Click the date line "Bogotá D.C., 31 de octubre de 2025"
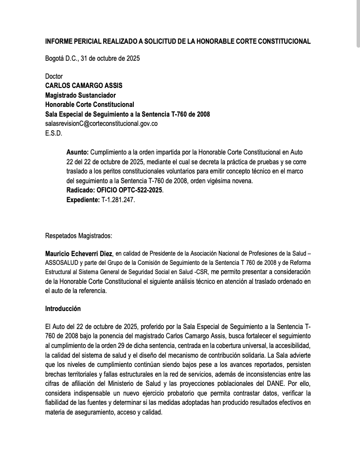[92, 59]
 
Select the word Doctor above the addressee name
[54, 76]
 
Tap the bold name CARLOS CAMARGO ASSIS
[84, 86]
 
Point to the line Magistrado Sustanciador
[80, 95]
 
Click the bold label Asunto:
[77, 152]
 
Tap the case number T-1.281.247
[117, 200]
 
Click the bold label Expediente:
[83, 200]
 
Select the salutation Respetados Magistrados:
[78, 236]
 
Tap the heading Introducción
[63, 309]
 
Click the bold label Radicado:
[81, 190]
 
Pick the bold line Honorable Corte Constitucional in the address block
[90, 104]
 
